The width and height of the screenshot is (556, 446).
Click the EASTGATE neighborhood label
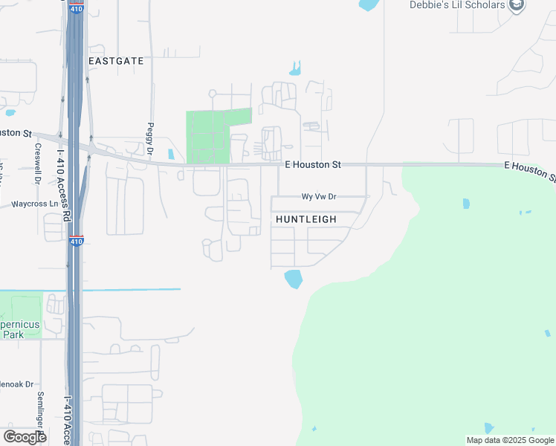coord(115,60)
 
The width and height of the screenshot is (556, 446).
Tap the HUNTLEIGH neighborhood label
coord(306,220)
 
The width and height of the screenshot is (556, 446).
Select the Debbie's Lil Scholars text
coord(457,5)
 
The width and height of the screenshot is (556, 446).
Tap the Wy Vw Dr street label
coord(319,197)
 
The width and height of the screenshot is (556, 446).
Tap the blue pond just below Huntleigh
coord(294,279)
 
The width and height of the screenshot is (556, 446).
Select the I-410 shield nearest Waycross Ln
coord(76,241)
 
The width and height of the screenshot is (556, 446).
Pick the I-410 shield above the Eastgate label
coord(77,9)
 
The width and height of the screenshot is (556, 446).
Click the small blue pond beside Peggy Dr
coord(171,155)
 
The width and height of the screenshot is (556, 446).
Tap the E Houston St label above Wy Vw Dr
coord(312,164)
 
